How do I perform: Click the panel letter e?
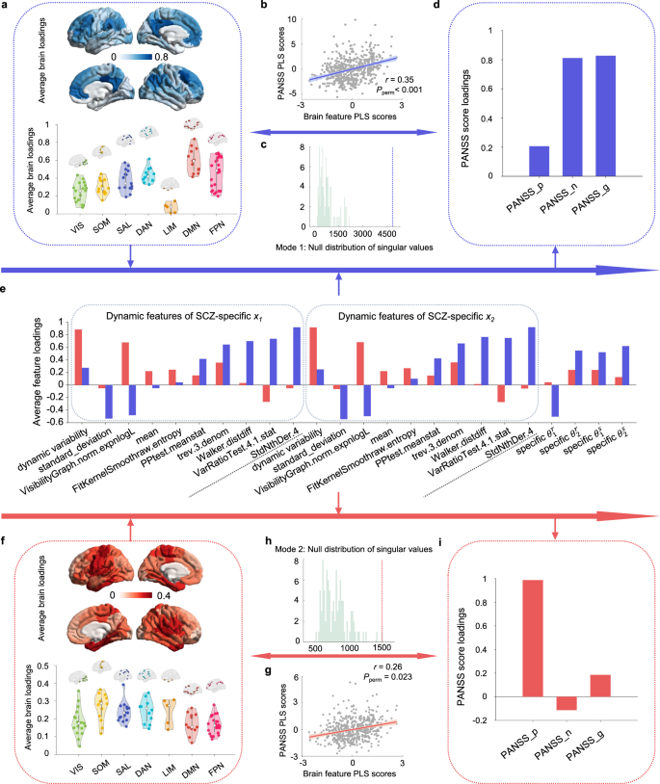[x=7, y=287]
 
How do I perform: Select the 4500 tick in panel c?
[x=384, y=233]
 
